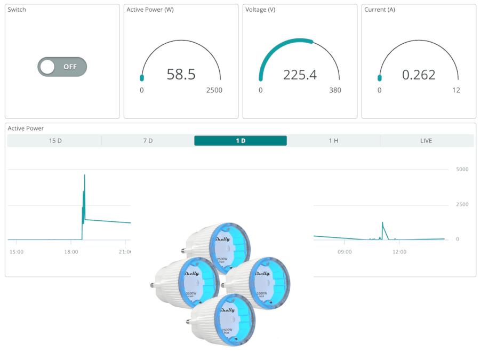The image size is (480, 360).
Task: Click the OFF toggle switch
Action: click(x=62, y=67)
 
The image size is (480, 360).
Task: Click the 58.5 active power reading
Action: click(x=181, y=74)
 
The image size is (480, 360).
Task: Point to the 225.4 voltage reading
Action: click(x=300, y=75)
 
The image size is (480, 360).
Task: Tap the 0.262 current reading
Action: click(x=419, y=75)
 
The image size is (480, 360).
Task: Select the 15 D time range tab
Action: click(x=55, y=141)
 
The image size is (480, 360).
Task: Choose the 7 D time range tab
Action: click(x=148, y=141)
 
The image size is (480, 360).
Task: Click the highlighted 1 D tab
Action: click(x=241, y=141)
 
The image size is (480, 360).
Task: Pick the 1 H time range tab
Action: click(x=333, y=141)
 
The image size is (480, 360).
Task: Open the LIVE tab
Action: click(x=426, y=141)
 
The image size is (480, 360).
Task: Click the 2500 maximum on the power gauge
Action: click(x=214, y=90)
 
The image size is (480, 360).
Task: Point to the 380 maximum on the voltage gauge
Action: click(x=335, y=90)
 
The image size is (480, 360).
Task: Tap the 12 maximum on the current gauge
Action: click(x=456, y=90)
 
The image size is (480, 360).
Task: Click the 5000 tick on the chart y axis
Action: click(x=461, y=170)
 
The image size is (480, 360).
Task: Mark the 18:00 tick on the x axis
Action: click(x=71, y=252)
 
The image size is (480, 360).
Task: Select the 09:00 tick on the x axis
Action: click(x=345, y=252)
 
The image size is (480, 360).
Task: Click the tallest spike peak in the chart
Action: click(x=84, y=175)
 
